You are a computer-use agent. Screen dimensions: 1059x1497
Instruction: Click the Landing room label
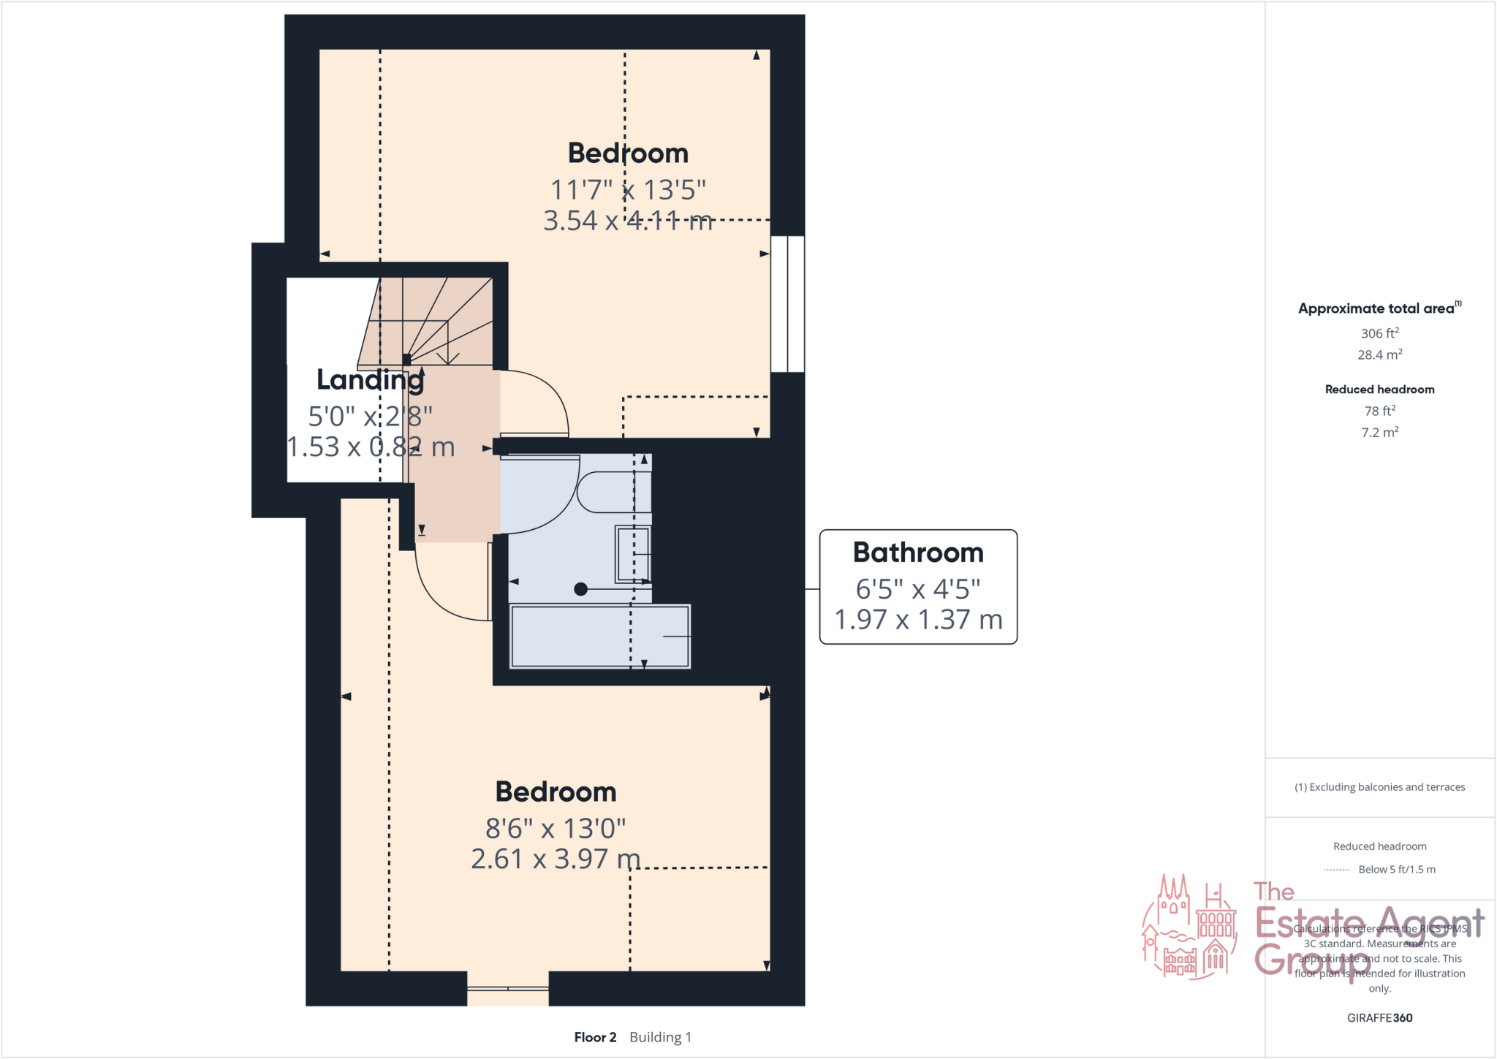[x=370, y=380]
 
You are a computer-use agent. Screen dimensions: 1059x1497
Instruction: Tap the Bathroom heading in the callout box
[x=918, y=553]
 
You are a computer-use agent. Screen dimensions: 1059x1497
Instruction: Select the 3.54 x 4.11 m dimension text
[x=627, y=221]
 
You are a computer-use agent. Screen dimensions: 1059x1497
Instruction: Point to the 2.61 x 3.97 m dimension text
[x=556, y=859]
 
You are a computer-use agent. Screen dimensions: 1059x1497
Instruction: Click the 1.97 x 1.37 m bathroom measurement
[x=918, y=620]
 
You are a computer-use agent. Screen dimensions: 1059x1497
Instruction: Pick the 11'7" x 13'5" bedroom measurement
[x=628, y=190]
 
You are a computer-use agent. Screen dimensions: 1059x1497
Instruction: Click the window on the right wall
[x=787, y=304]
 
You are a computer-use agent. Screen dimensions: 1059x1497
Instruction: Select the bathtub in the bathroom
[x=600, y=636]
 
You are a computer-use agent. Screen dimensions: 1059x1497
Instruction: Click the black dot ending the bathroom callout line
[x=581, y=589]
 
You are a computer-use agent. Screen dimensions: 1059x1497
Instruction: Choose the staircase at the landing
[x=431, y=322]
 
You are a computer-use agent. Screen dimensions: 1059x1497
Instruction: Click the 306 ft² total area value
[x=1379, y=333]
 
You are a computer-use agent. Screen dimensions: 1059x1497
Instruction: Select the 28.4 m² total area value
[x=1379, y=355]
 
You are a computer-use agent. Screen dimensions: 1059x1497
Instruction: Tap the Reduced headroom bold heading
[x=1379, y=390]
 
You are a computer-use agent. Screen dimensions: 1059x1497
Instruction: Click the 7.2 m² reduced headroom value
[x=1379, y=433]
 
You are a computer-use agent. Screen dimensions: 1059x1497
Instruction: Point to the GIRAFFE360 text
[x=1379, y=1018]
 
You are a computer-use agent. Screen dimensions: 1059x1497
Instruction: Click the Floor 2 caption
[x=595, y=1037]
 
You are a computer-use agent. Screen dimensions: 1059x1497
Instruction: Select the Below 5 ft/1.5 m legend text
[x=1396, y=870]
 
